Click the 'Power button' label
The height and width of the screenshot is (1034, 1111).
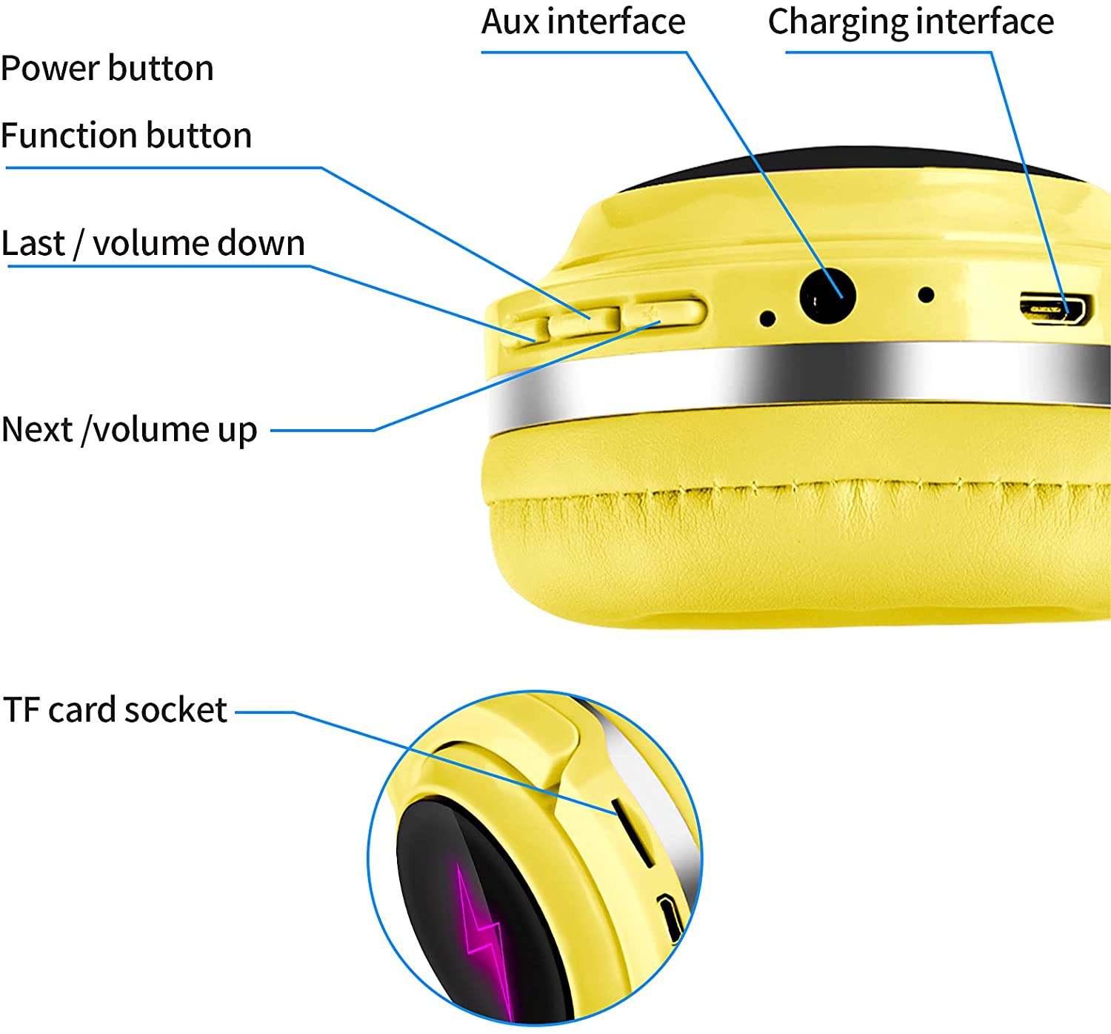click(x=107, y=69)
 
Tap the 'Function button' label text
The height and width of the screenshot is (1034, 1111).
click(x=126, y=136)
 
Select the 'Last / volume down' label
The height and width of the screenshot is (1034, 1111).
click(x=153, y=244)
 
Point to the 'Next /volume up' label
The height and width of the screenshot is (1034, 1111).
click(x=130, y=430)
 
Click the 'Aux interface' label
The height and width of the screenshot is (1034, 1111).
click(x=583, y=22)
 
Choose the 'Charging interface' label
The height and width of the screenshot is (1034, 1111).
click(x=910, y=22)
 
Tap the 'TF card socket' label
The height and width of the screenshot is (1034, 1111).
click(x=115, y=710)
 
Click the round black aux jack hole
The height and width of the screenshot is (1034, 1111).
click(x=827, y=296)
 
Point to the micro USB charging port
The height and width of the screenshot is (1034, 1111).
click(x=1055, y=308)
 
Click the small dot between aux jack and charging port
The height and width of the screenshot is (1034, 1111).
click(x=925, y=295)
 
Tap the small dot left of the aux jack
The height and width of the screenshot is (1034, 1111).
click(x=767, y=319)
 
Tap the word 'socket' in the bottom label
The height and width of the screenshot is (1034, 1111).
click(x=176, y=710)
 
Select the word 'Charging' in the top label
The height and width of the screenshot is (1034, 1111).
click(x=837, y=22)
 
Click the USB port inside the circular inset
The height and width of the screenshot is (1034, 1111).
click(x=670, y=918)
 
